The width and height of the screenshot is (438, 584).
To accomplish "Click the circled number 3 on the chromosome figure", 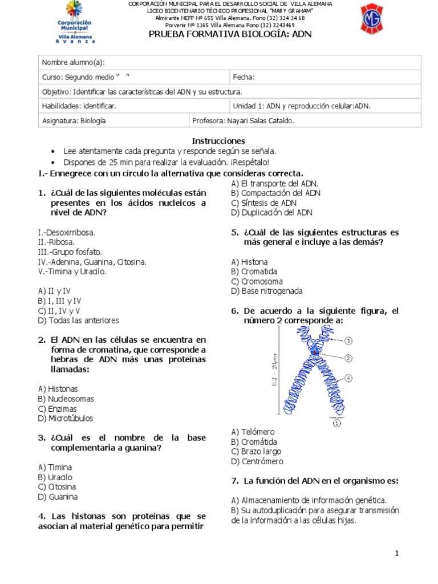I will tap(348, 340).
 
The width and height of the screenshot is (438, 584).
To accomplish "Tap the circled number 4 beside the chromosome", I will tap(348, 378).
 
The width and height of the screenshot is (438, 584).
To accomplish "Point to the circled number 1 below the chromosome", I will tap(336, 423).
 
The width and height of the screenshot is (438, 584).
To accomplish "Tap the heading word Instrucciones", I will tap(218, 140).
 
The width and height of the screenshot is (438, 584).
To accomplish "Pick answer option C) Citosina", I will tap(57, 486).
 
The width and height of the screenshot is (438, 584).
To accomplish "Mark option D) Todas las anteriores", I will tap(78, 320).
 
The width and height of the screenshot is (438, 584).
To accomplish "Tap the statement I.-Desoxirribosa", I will tap(66, 232).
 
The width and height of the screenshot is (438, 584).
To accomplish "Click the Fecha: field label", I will tap(244, 78).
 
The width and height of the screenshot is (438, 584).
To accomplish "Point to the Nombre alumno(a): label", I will tap(74, 63).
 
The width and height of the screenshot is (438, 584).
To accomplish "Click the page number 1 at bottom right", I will tap(397, 553).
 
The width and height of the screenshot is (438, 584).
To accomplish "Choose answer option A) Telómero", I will tap(253, 432).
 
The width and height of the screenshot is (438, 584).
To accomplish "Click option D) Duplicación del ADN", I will tap(272, 212).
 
